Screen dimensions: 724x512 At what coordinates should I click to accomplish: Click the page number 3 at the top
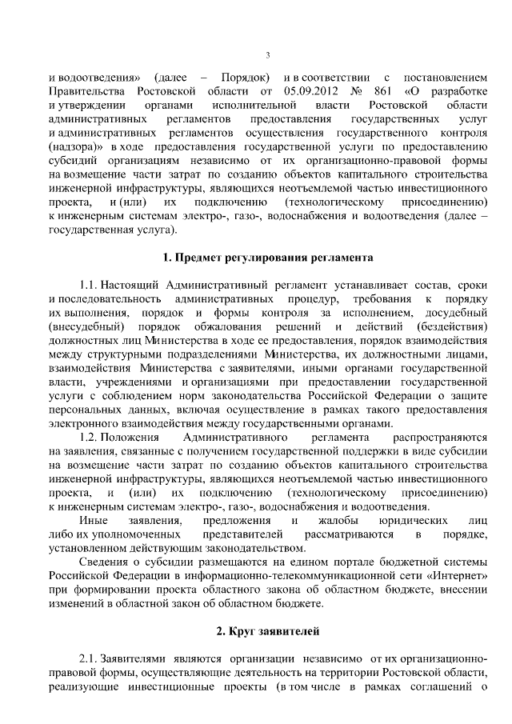pyautogui.click(x=267, y=55)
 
